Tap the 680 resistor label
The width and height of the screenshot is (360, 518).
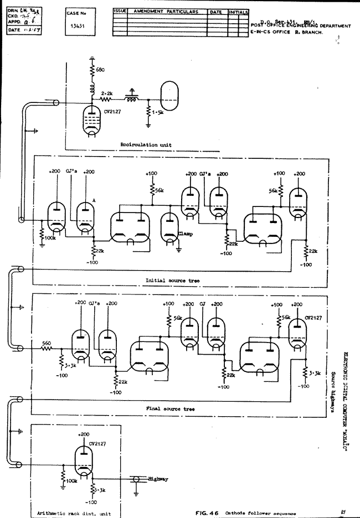(99, 70)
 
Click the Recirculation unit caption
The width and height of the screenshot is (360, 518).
(146, 144)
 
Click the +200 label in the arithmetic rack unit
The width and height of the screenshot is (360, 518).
(84, 435)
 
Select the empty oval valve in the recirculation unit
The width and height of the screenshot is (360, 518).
(171, 95)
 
